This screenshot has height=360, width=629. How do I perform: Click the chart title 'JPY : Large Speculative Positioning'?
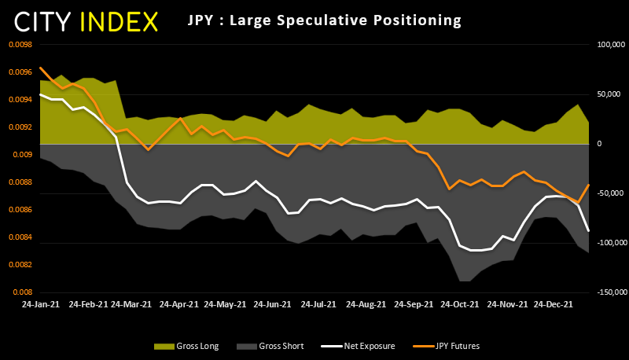pos(324,20)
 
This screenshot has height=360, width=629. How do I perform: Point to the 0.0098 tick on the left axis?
pos(20,45)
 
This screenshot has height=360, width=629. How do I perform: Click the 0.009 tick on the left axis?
pos(23,155)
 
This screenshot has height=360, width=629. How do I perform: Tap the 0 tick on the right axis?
pos(599,144)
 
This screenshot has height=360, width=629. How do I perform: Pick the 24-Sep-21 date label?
pos(414,303)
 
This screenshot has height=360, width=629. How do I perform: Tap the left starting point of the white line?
pos(39,94)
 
